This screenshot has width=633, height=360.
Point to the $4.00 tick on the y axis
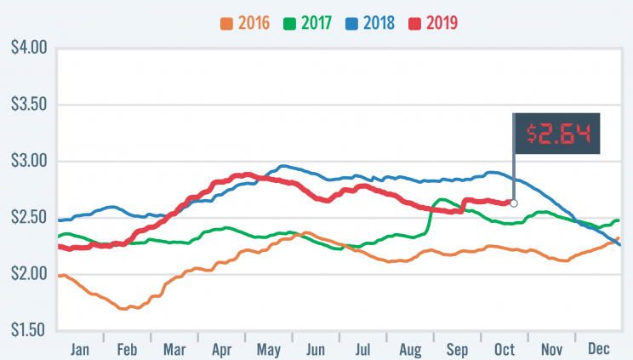(x=27, y=48)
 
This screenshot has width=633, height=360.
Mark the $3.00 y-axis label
(x=27, y=161)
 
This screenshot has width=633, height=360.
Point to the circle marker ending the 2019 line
(x=513, y=203)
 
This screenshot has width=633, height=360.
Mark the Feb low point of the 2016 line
(x=125, y=308)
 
